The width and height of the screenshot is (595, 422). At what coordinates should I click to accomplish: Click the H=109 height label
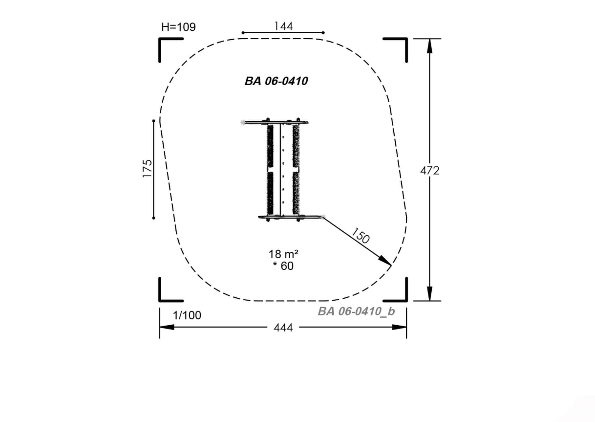tap(178, 27)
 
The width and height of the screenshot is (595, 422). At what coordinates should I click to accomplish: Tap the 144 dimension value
tap(283, 26)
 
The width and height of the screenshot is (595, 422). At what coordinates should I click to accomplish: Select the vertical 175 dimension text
tap(147, 169)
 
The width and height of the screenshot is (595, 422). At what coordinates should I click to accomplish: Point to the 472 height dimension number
tap(430, 171)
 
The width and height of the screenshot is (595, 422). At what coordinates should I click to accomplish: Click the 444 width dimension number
tap(283, 328)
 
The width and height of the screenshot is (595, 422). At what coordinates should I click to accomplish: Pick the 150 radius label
tap(360, 236)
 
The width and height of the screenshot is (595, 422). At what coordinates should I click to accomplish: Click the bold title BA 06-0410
tap(276, 81)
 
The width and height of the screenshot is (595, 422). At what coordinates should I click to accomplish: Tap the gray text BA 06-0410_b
tap(356, 311)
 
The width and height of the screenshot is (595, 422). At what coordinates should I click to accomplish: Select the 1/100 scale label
tap(187, 315)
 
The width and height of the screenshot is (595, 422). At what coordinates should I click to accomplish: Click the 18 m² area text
tap(283, 254)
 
